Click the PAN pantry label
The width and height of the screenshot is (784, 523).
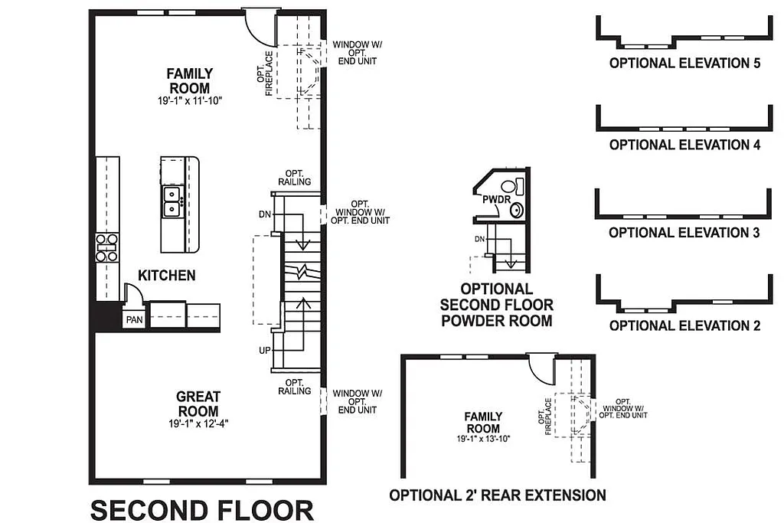[133, 319]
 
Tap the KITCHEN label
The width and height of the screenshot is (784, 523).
[166, 275]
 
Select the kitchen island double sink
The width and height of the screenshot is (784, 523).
[171, 201]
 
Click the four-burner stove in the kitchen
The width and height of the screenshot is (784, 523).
[106, 247]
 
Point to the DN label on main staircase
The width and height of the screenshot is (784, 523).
[265, 213]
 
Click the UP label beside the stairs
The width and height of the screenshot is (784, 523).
[265, 350]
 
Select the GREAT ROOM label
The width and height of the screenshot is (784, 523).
[198, 403]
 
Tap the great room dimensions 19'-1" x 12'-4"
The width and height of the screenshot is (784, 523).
[198, 423]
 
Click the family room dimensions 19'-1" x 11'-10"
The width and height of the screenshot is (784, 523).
[191, 100]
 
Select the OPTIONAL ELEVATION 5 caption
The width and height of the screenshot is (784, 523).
[684, 64]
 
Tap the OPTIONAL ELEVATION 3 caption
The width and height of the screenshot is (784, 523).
[684, 233]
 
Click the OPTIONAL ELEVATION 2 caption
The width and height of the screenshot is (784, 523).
[684, 325]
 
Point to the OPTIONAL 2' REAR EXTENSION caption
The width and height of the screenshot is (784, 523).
[498, 495]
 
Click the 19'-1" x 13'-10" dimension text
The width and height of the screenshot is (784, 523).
[482, 439]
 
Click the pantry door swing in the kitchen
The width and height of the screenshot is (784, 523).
[132, 294]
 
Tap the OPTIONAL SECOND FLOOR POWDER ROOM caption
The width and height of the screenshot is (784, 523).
[496, 305]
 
